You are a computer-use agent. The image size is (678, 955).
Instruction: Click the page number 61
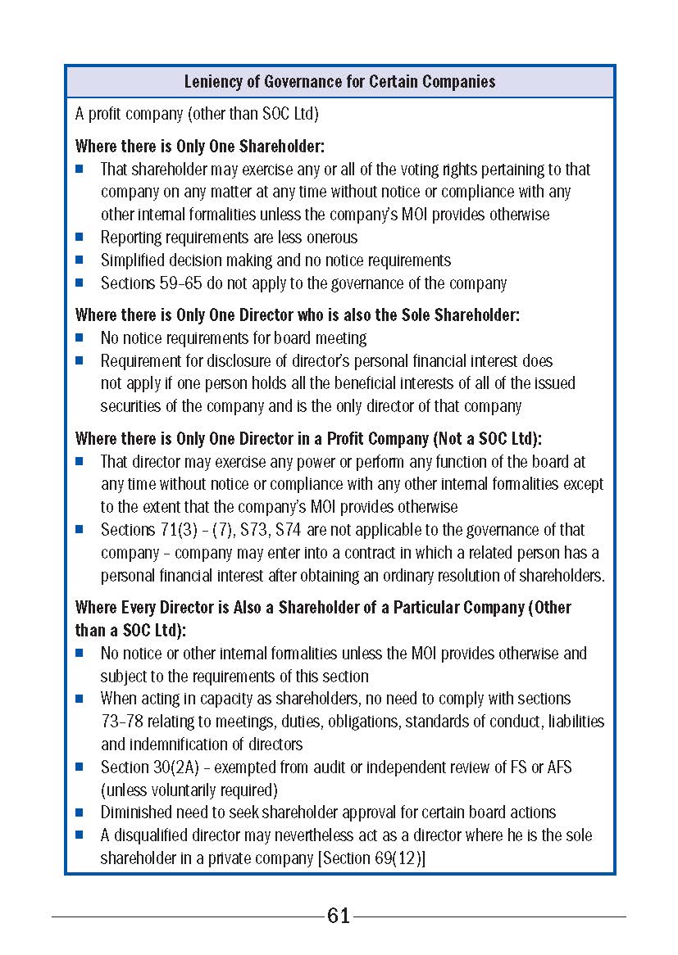[x=339, y=916]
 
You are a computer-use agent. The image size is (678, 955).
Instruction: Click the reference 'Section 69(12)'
[x=375, y=858]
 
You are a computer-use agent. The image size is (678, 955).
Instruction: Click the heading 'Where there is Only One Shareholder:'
[x=200, y=147]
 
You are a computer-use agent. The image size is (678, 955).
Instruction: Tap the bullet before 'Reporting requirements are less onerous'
[x=80, y=238]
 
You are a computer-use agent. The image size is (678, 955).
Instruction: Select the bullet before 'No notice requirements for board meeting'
[x=80, y=337]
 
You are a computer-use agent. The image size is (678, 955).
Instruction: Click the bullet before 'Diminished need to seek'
[x=80, y=812]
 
